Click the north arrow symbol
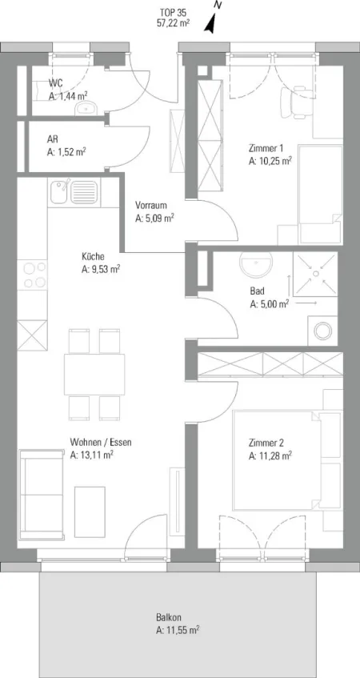(x=211, y=22)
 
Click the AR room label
(x=52, y=140)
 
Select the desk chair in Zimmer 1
(x=297, y=102)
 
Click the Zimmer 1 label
(x=266, y=149)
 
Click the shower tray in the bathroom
(x=315, y=274)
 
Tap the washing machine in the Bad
(x=322, y=331)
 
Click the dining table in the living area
(x=94, y=375)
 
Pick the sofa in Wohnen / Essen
(x=42, y=495)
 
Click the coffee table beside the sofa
(x=90, y=512)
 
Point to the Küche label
(x=93, y=256)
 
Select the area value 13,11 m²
(x=96, y=455)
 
